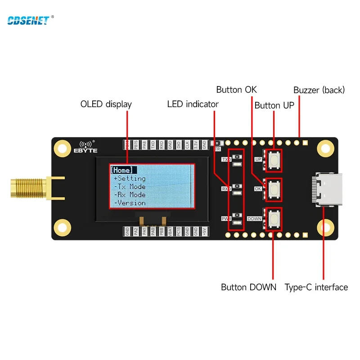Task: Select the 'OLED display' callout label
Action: pos(106,104)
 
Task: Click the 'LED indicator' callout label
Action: pos(193,104)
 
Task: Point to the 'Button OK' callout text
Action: pos(236,90)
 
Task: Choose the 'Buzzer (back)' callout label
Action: pos(319,90)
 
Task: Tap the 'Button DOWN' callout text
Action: pos(248,287)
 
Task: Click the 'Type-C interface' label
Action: pos(316,287)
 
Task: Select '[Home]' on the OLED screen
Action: pos(122,170)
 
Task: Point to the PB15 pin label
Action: pos(136,144)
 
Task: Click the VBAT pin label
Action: pos(171,231)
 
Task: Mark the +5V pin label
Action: pos(205,231)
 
